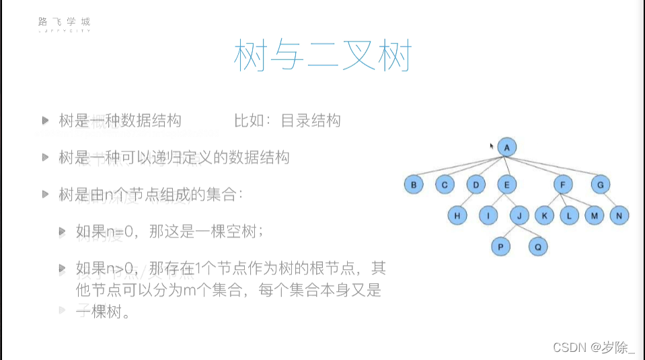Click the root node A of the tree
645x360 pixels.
pos(508,147)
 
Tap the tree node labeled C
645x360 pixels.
pos(445,184)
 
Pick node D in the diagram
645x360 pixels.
pos(476,184)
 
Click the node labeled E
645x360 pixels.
pos(506,184)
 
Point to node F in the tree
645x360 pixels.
pos(563,184)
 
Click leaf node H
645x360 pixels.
pos(457,215)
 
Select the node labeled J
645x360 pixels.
pos(519,215)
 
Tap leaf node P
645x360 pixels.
pos(500,247)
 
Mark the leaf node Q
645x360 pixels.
pos(537,247)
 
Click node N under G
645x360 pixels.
pos(620,215)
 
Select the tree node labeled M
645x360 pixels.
pos(595,215)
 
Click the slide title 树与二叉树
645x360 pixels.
pos(321,56)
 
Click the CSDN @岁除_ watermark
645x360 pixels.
pos(593,347)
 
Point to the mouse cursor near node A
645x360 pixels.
pos(492,145)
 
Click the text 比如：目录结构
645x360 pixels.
pos(287,120)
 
